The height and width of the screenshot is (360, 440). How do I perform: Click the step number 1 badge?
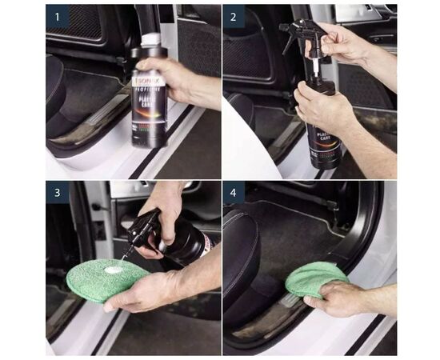57,16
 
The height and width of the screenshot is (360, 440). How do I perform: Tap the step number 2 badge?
234,16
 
